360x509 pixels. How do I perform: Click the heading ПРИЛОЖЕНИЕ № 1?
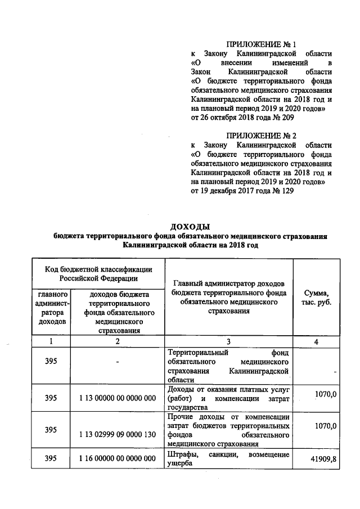pos(261,44)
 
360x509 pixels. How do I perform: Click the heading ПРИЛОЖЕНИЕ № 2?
pos(261,136)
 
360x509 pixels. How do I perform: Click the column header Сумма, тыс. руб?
pos(317,298)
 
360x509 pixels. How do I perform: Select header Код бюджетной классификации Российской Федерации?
pos(98,273)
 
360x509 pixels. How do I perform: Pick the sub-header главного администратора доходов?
pos(52,308)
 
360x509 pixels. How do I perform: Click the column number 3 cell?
pos(228,341)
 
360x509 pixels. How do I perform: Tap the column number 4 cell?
pos(317,341)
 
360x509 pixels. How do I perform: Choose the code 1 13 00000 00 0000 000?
pos(117,398)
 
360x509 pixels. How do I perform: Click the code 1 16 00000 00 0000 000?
pos(117,459)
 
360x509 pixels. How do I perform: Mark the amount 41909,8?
pos(323,460)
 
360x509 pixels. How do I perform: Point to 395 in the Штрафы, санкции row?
pos(51,459)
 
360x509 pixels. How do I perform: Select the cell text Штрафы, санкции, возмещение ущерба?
pos(228,459)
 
